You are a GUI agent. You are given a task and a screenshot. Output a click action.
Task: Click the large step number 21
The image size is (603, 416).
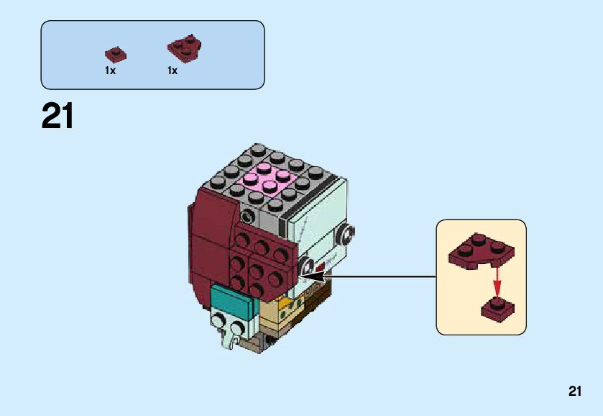[57, 116]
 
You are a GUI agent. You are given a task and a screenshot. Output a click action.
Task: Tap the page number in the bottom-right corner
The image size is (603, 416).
[574, 391]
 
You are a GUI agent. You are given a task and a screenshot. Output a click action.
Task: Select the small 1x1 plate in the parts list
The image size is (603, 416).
[114, 54]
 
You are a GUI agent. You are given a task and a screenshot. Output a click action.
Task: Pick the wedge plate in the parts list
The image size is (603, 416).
[184, 48]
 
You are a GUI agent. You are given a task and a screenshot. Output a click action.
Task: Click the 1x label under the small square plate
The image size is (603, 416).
[110, 71]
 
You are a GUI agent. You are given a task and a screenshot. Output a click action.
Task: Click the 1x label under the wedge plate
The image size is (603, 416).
[172, 71]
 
